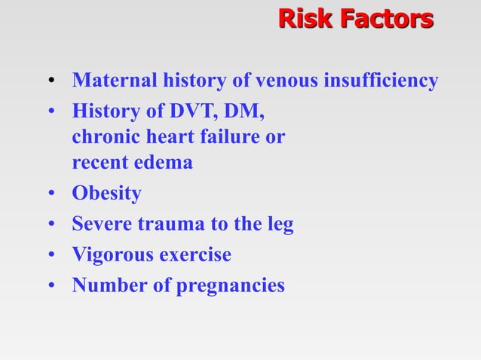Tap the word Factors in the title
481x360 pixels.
coord(385,18)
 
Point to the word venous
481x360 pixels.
coord(287,81)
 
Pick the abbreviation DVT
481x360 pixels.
coord(190,111)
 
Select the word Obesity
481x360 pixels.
coord(106,194)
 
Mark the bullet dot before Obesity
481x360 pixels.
coord(51,195)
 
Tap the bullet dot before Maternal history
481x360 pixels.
coord(51,82)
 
